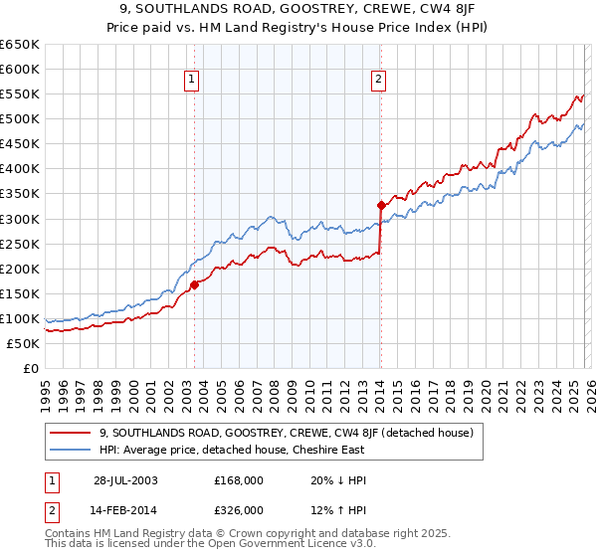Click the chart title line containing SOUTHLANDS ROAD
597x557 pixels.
[298, 9]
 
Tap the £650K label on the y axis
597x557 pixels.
[20, 45]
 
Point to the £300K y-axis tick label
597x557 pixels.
[20, 219]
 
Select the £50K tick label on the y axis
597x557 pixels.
[24, 343]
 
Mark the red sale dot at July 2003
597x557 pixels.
[195, 284]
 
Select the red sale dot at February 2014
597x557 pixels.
[381, 206]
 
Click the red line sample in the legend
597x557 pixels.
[72, 433]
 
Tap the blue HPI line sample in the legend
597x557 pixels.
[72, 450]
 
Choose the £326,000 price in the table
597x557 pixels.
[239, 509]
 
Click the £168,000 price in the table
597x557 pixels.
[239, 479]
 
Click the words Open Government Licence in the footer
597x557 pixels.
[303, 546]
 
